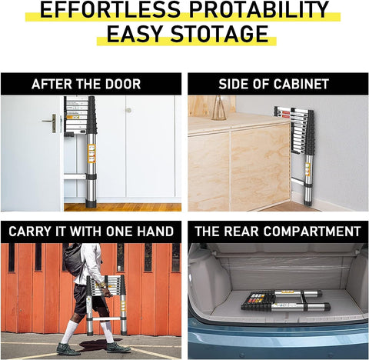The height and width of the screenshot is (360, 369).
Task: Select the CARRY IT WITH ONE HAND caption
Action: (91, 232)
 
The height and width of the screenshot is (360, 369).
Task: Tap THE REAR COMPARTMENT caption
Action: (278, 232)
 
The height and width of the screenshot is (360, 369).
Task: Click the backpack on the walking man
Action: (74, 262)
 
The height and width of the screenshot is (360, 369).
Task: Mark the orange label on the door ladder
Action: (91, 153)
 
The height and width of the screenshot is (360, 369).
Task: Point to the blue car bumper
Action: (278, 346)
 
